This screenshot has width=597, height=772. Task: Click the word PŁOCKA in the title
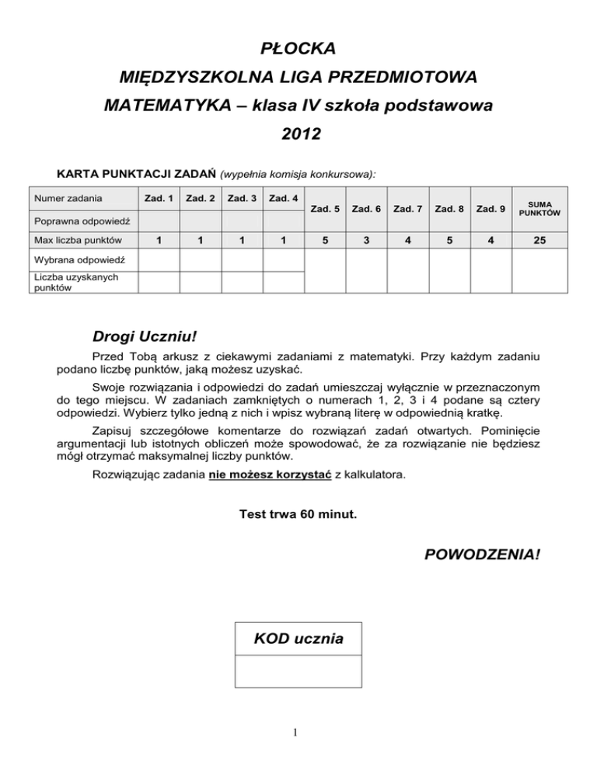pyautogui.click(x=298, y=49)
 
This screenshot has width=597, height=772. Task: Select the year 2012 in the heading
pyautogui.click(x=298, y=134)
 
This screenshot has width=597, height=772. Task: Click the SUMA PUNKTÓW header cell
pyautogui.click(x=536, y=208)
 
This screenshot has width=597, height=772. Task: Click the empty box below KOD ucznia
pyautogui.click(x=298, y=671)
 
